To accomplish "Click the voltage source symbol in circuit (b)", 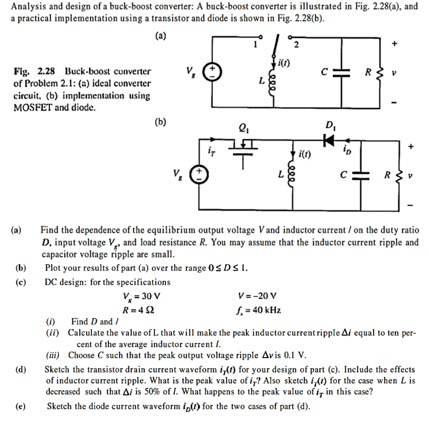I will coord(199,174).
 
